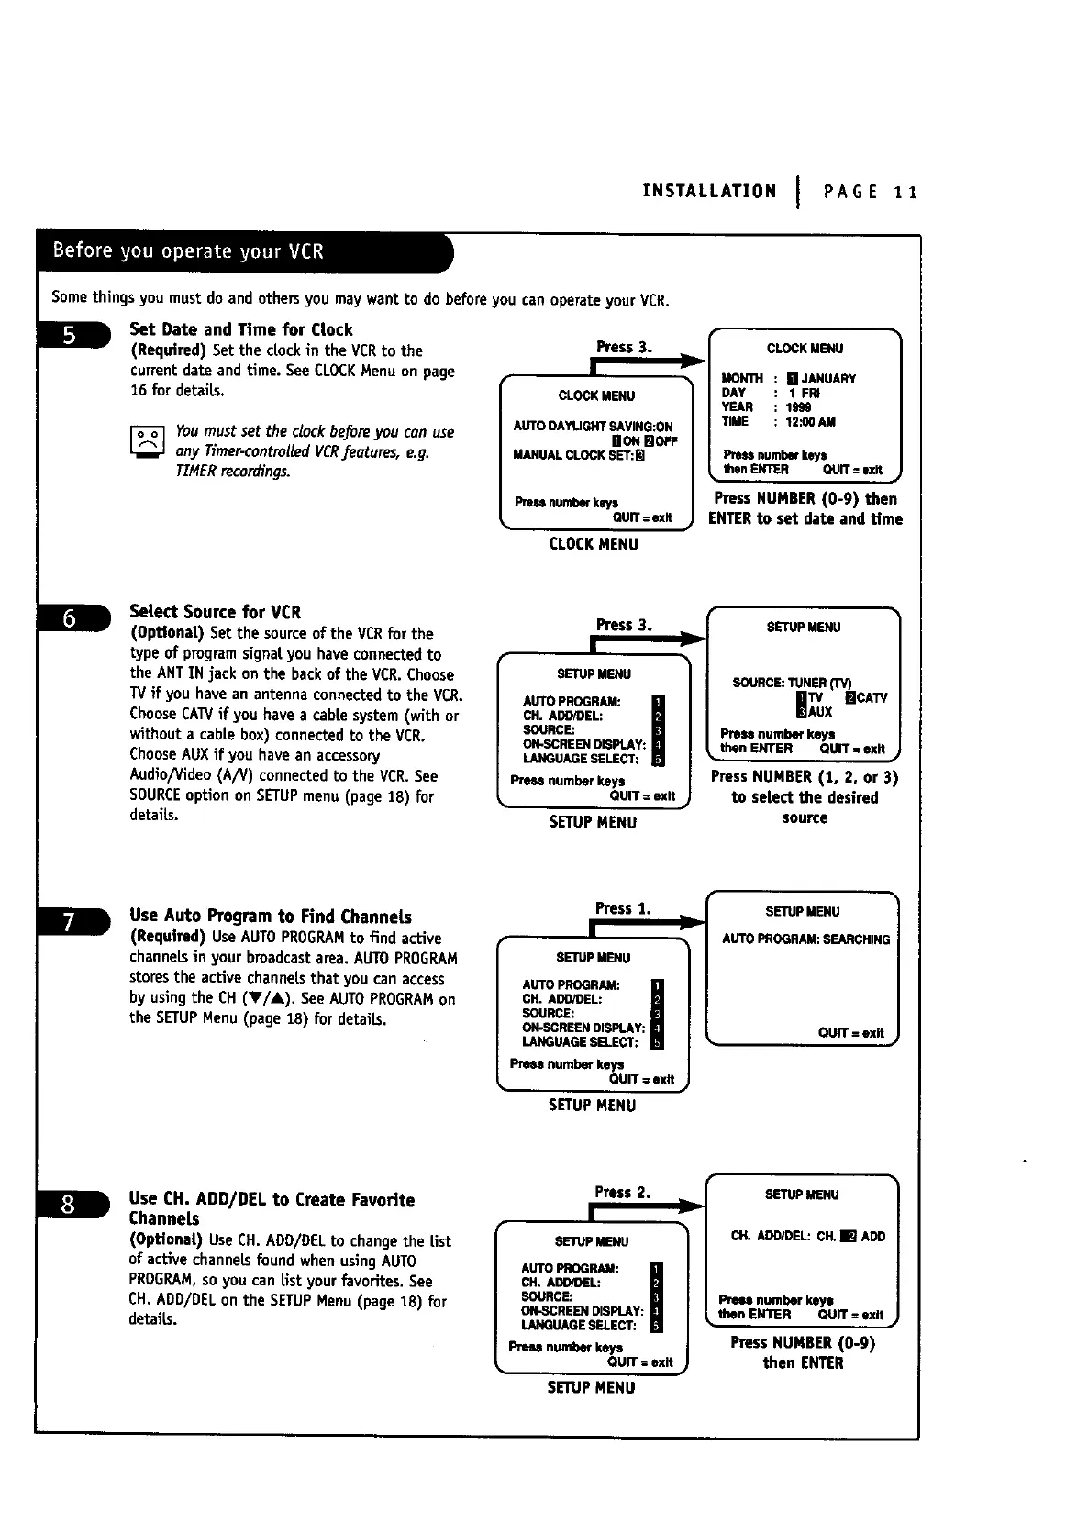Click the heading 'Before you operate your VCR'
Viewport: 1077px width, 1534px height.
tap(188, 251)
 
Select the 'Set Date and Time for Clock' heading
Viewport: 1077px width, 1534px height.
tap(240, 329)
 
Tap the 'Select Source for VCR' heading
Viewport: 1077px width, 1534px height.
tap(215, 612)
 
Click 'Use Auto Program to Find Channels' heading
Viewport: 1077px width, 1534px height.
tap(271, 916)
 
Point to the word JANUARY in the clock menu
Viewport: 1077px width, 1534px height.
tap(828, 379)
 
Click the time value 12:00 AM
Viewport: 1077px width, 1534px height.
tap(810, 422)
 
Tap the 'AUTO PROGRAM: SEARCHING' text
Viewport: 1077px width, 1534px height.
tap(805, 939)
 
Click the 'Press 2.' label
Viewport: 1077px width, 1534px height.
tap(622, 1192)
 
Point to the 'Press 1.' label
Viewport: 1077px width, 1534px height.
tap(622, 908)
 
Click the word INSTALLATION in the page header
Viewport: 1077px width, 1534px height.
tap(709, 191)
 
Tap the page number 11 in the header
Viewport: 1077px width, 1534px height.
tap(906, 192)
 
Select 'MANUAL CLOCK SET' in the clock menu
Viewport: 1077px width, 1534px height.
tap(578, 455)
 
